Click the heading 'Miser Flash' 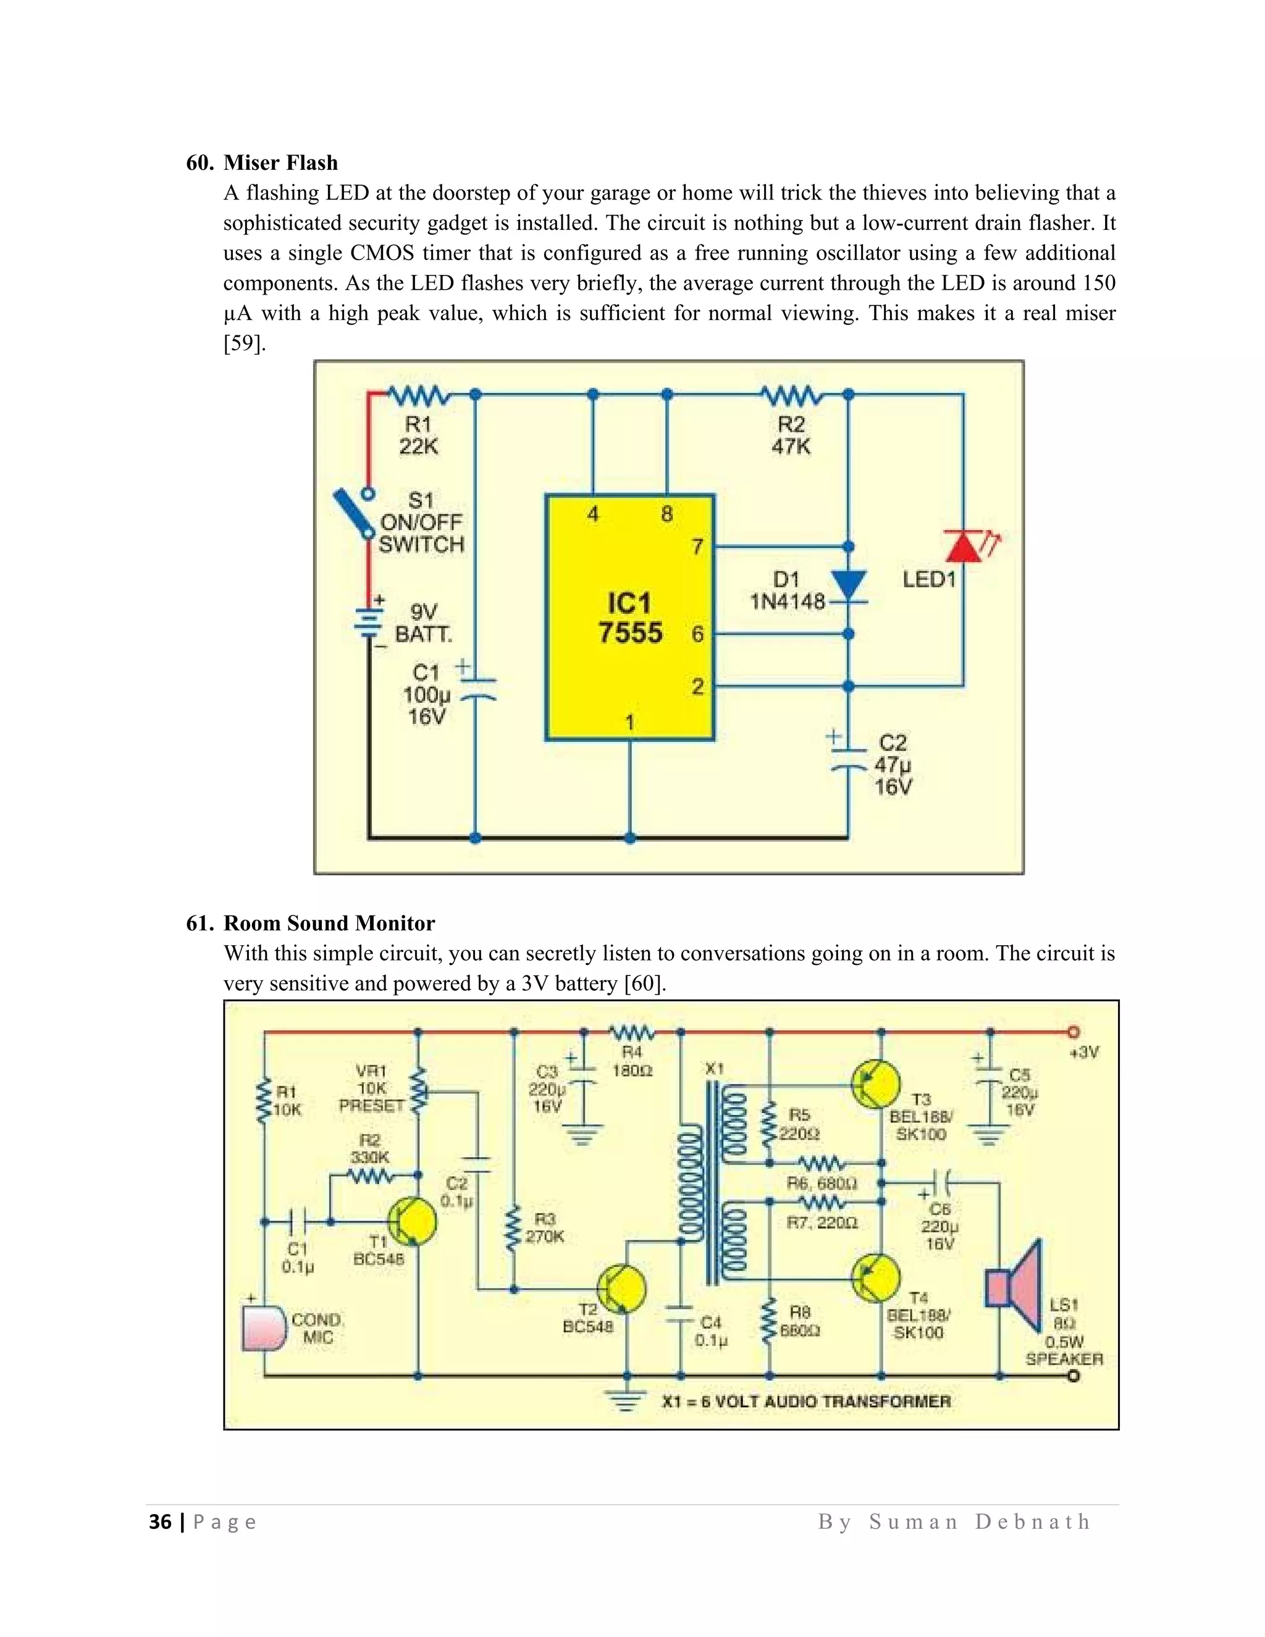[x=280, y=162]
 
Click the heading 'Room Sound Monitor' [x=329, y=923]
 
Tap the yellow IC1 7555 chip [x=629, y=618]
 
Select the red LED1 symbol [x=964, y=545]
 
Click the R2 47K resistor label [x=791, y=436]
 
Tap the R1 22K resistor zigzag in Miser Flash [x=418, y=395]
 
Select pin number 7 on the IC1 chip [x=697, y=547]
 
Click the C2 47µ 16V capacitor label [x=893, y=765]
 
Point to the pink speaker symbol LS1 [x=1015, y=1285]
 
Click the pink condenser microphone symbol [x=263, y=1328]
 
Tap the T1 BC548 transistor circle [x=411, y=1221]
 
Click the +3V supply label [x=1083, y=1053]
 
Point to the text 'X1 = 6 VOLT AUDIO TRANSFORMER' [x=805, y=1401]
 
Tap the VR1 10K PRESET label [x=371, y=1088]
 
